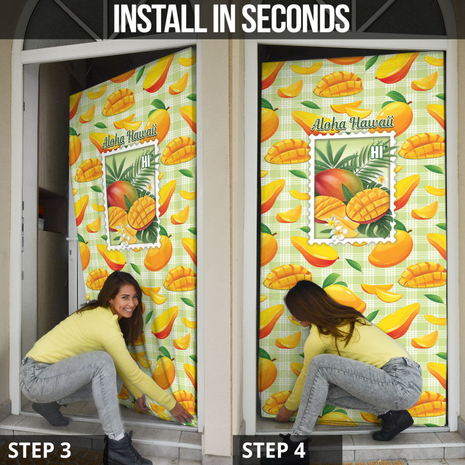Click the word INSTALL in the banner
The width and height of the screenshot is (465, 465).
click(x=160, y=18)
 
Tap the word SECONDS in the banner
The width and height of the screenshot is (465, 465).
click(x=296, y=18)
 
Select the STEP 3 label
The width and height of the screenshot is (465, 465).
click(x=40, y=450)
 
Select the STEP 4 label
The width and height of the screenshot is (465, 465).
click(x=273, y=450)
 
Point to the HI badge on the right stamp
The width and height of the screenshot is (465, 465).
click(x=376, y=152)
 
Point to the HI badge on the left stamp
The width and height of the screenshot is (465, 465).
click(x=146, y=162)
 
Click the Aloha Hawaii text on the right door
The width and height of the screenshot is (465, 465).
click(x=352, y=123)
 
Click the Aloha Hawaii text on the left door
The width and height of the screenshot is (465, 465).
click(x=129, y=137)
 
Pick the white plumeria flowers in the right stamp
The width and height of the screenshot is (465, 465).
click(x=335, y=228)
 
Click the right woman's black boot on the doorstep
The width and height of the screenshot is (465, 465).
click(x=392, y=425)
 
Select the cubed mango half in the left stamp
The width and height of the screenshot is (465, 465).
click(x=142, y=213)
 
